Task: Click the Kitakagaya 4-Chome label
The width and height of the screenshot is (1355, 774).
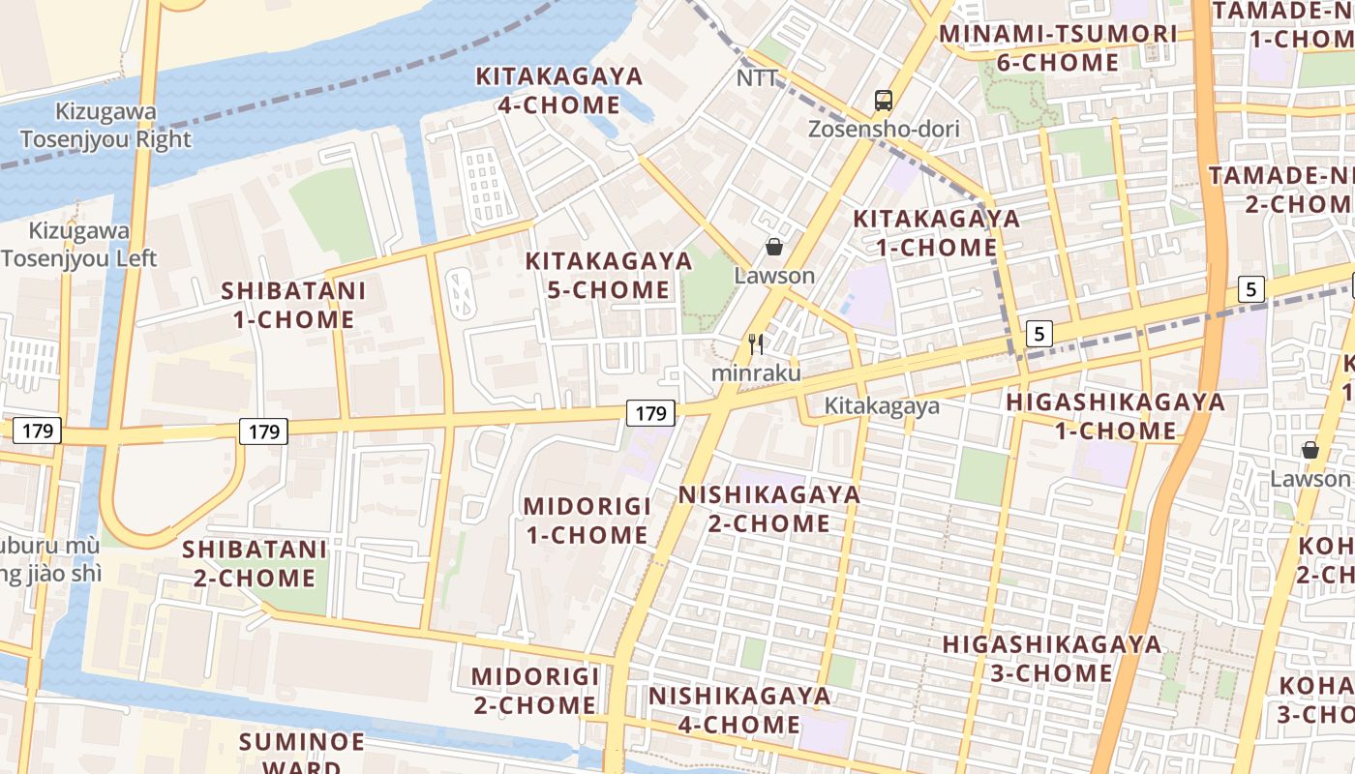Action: pos(559,90)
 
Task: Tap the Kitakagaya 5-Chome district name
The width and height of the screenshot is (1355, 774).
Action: pos(609,275)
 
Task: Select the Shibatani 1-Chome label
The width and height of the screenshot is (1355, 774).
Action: pos(293,305)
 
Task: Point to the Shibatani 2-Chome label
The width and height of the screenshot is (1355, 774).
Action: pos(255,563)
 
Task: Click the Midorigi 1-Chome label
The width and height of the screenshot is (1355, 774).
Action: pos(586,521)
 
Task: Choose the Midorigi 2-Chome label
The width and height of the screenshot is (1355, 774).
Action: pos(534,690)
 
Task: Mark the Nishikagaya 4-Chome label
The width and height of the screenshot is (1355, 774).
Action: pos(739,709)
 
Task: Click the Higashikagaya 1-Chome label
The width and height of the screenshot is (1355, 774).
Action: pos(1115,416)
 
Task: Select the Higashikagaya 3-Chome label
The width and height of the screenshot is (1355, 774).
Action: pos(1052,658)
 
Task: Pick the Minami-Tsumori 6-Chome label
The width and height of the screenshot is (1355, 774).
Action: pos(1058,48)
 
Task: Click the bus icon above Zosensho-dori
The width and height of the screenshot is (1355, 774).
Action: pos(884,100)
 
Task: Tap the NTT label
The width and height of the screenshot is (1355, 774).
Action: pos(757,78)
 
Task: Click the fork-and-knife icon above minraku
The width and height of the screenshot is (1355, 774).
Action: pos(756,343)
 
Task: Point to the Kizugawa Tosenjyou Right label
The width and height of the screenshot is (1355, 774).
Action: pos(105,126)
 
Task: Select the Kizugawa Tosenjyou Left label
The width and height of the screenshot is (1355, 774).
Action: pos(79,245)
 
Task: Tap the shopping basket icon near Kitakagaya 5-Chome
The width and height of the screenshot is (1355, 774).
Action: pos(773,247)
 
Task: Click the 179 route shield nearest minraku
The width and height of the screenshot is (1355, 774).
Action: pos(650,413)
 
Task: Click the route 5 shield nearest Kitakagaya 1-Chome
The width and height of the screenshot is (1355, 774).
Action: pos(1039,334)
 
